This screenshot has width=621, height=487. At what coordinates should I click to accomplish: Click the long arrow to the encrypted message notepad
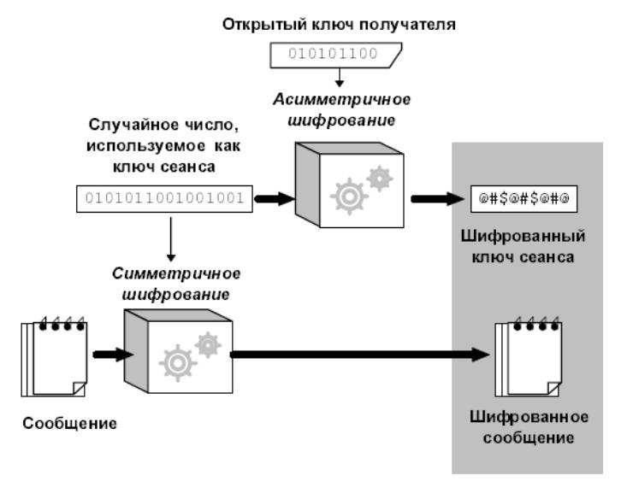click(359, 352)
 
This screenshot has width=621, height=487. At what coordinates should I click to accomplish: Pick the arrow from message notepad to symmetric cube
click(108, 352)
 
